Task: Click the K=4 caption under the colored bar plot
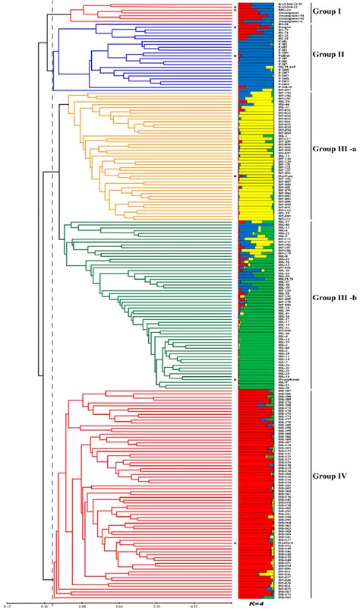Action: [x=257, y=603]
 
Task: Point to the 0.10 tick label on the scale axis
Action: [x=45, y=606]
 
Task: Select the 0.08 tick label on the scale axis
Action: [x=82, y=606]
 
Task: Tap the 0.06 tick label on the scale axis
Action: [x=119, y=606]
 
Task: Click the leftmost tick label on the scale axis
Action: [x=8, y=606]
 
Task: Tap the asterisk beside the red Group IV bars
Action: [x=235, y=543]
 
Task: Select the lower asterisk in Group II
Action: [x=235, y=56]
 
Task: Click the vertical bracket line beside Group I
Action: [x=311, y=13]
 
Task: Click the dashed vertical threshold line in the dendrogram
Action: [x=52, y=304]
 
